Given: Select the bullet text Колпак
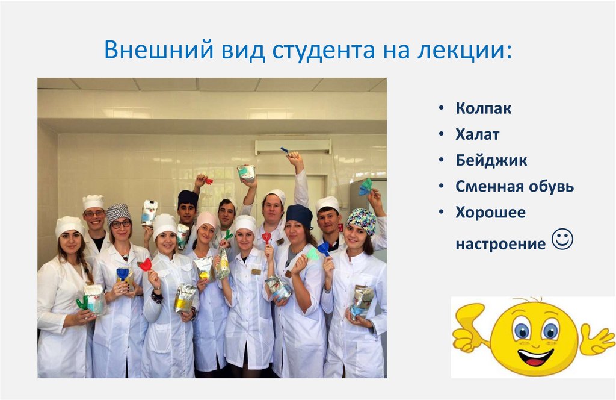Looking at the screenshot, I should click(484, 110).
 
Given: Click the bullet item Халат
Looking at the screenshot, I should click(478, 135).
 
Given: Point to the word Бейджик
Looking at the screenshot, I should click(491, 161).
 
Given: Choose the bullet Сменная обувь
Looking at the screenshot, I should click(514, 187).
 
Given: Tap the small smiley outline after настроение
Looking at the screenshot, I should click(562, 240).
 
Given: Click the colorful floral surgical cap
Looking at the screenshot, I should click(361, 219).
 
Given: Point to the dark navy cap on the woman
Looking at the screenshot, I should click(299, 214).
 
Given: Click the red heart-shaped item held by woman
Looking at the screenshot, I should click(145, 264).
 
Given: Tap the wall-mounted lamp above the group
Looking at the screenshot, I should click(293, 146).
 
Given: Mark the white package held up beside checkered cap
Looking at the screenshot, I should click(149, 212).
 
